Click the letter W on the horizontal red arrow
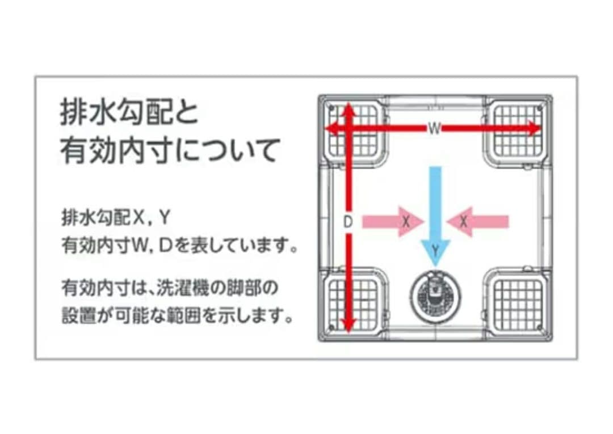click(434, 128)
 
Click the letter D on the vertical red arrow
click(347, 222)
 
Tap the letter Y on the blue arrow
click(435, 249)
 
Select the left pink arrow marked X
click(393, 222)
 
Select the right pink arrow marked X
click(477, 222)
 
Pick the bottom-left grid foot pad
click(354, 304)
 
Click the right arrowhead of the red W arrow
click(534, 128)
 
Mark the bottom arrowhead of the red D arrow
click(347, 325)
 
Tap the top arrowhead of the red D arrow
click(347, 112)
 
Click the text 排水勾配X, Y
click(116, 218)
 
